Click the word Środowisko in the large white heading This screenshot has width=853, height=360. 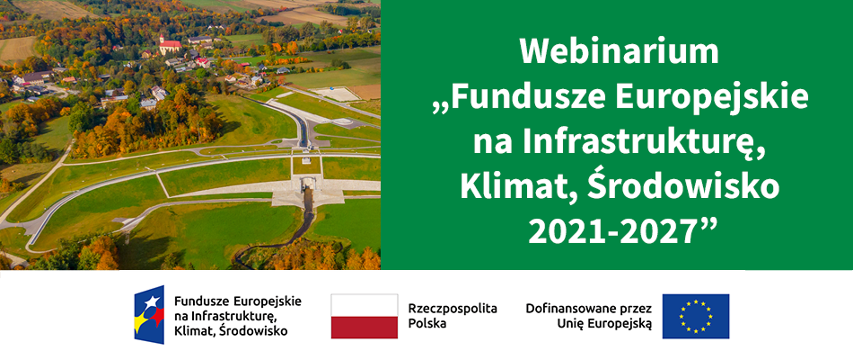[x=683, y=187]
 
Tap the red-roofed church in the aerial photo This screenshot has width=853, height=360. [x=169, y=45]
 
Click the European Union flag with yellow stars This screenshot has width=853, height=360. [x=695, y=316]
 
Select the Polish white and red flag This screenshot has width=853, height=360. [x=364, y=316]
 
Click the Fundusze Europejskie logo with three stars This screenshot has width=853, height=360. [x=150, y=315]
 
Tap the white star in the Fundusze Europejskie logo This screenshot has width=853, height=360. [x=152, y=302]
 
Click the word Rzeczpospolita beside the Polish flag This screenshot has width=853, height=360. [x=452, y=308]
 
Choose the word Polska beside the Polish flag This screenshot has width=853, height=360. [x=427, y=324]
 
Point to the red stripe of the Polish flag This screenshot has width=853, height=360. [x=364, y=328]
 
